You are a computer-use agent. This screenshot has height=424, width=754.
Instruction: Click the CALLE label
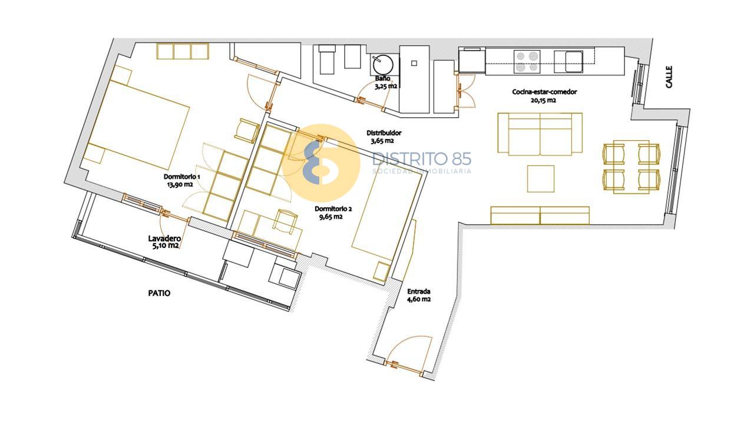669,77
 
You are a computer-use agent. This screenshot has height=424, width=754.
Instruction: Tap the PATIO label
159,293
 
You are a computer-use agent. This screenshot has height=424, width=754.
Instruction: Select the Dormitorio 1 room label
182,177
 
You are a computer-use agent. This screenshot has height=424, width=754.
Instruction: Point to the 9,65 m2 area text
331,217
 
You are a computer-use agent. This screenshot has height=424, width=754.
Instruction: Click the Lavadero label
164,238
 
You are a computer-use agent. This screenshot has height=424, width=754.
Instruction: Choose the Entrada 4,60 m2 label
419,295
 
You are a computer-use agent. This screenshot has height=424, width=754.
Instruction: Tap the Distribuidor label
383,133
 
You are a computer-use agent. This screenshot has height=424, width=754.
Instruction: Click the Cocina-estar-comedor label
544,92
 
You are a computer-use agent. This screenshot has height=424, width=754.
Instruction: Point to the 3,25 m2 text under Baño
386,86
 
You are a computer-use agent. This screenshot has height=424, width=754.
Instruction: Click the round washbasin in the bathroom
383,65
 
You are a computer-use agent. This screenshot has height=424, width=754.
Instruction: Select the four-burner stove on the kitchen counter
527,61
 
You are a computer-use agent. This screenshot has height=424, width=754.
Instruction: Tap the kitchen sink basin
574,62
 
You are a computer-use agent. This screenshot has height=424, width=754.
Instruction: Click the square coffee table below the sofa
541,178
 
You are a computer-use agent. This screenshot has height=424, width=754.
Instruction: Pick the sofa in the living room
540,134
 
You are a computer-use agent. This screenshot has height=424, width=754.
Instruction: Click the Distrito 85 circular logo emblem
321,163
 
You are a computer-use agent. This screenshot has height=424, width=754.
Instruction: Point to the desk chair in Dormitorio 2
285,222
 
